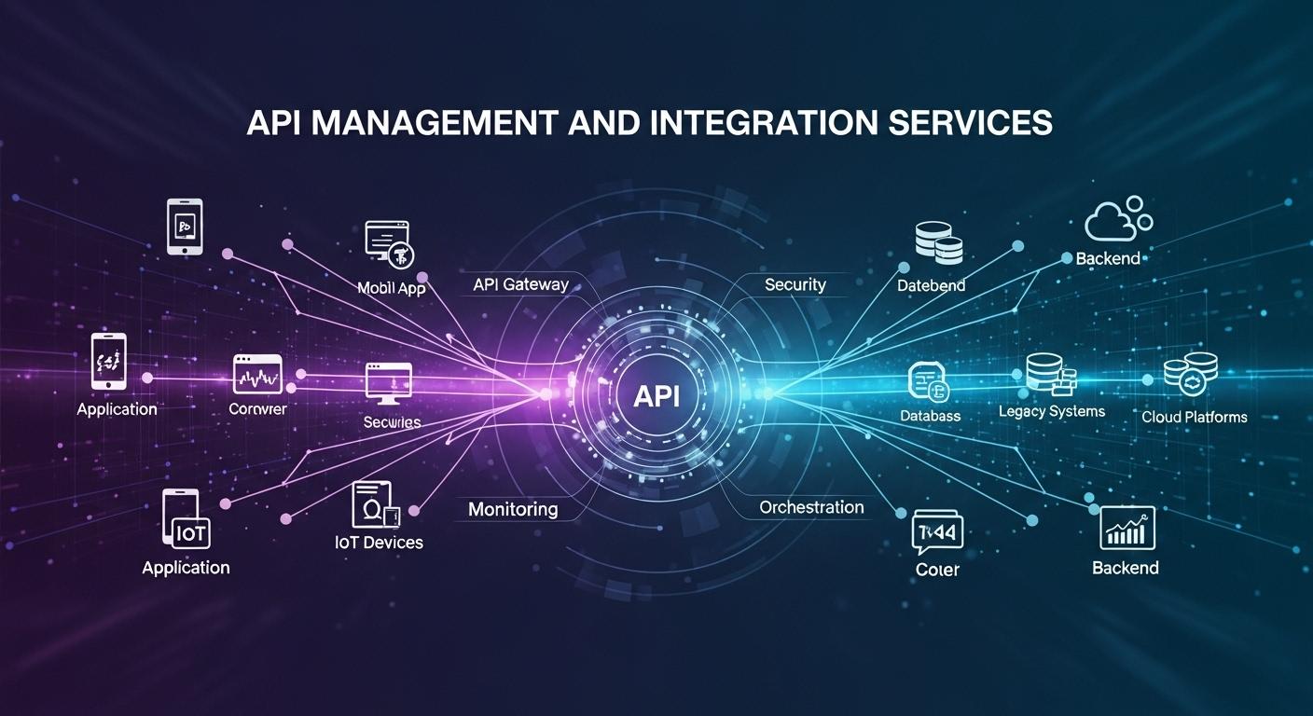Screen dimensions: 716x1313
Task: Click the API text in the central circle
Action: (656, 396)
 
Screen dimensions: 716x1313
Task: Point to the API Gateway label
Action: (520, 284)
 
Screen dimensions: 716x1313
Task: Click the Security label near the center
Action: (795, 284)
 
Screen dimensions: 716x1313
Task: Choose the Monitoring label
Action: (513, 509)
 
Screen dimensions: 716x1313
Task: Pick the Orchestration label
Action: (811, 507)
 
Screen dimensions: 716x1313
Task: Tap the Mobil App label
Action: (392, 288)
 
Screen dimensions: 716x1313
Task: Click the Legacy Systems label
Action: (1051, 411)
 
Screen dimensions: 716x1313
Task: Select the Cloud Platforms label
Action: (1194, 417)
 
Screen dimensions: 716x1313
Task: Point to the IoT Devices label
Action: (379, 542)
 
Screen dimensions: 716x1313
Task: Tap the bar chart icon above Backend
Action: (1126, 529)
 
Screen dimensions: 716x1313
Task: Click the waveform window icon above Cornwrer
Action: (256, 375)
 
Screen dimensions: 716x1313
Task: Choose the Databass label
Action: (930, 416)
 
